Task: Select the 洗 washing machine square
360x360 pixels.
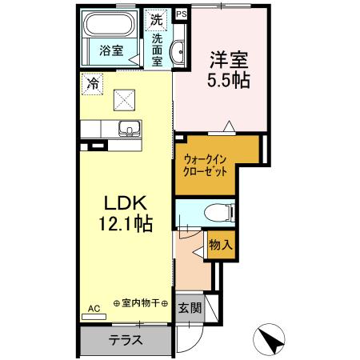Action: click(156, 17)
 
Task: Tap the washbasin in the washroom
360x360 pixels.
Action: click(178, 50)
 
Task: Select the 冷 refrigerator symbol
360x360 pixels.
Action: click(94, 82)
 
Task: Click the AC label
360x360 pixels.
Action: click(93, 308)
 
